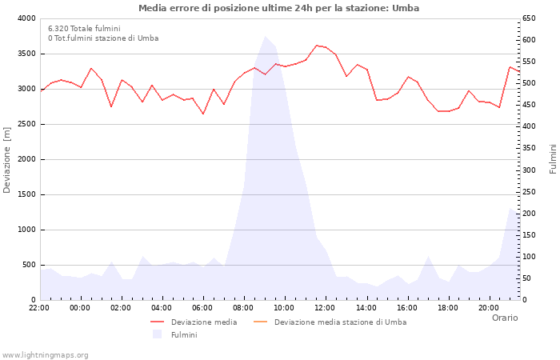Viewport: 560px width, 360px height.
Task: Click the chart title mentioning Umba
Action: click(278, 8)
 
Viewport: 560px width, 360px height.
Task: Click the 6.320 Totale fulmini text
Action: click(84, 28)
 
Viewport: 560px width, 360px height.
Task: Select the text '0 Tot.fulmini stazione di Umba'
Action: click(103, 38)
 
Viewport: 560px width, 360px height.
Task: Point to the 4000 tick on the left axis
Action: click(26, 18)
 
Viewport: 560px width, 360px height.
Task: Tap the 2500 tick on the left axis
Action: click(26, 124)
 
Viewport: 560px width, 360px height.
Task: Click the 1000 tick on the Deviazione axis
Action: click(26, 230)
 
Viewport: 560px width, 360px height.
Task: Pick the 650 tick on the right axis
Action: click(530, 18)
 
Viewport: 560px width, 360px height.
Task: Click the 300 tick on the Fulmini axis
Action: click(530, 170)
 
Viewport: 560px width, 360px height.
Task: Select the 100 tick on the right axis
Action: click(530, 257)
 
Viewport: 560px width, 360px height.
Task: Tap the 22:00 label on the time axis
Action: click(39, 307)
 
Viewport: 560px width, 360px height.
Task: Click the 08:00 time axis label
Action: click(243, 307)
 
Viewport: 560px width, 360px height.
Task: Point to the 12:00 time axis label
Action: click(325, 307)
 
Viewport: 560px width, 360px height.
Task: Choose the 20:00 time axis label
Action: click(488, 307)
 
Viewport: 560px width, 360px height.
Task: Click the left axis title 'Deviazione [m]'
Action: click(8, 159)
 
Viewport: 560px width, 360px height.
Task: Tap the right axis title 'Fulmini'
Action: click(553, 159)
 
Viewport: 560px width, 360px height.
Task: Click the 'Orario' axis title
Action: click(505, 318)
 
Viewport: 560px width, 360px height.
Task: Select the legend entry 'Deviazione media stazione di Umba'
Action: click(340, 322)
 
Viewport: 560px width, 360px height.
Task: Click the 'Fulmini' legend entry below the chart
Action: click(184, 334)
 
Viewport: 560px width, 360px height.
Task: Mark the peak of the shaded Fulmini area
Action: click(265, 36)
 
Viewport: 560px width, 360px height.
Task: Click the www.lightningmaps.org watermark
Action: click(46, 354)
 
